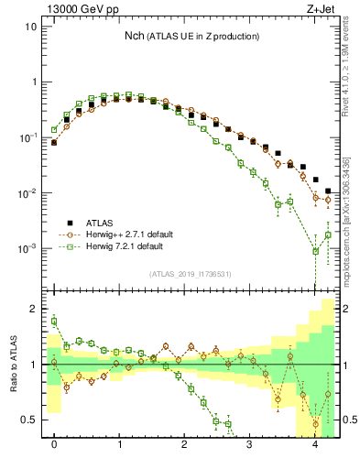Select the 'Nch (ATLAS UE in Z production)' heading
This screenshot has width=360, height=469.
192,36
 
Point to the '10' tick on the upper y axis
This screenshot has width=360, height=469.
29,26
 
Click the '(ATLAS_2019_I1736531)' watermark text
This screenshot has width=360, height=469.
191,273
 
